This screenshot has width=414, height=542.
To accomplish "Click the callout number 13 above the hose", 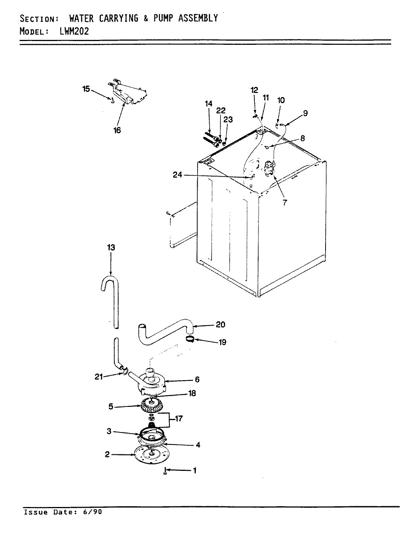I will [111, 247].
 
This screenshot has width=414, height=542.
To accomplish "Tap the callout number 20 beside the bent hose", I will [221, 324].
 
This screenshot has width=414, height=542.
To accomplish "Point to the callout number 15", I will [86, 89].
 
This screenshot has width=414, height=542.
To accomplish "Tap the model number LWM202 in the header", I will [74, 31].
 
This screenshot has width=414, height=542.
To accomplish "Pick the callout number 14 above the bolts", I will [209, 104].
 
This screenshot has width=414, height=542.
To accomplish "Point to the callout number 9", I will [305, 113].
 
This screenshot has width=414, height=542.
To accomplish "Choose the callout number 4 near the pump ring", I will [198, 445].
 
